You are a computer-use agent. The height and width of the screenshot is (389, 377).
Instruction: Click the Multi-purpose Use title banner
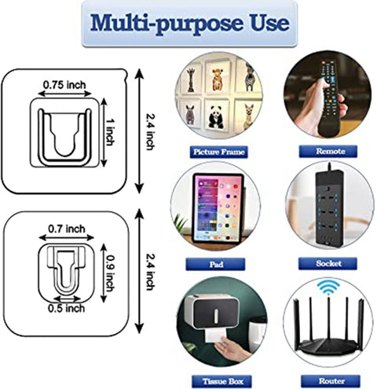188,23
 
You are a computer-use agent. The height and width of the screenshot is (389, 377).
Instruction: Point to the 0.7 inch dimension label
65,227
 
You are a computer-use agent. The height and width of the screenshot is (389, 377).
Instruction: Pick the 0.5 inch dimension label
65,307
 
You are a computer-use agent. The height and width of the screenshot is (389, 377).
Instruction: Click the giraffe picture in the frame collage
192,79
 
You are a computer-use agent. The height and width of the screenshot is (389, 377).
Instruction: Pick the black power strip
329,207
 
